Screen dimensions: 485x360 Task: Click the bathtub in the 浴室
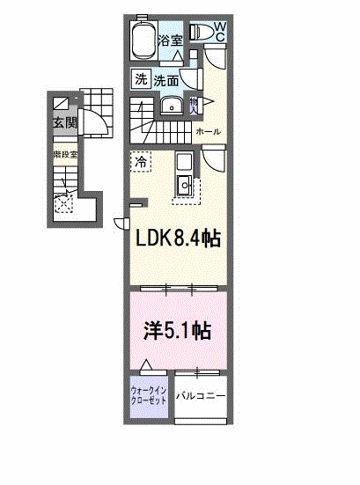pos(143,40)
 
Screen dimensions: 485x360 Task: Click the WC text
pos(220,33)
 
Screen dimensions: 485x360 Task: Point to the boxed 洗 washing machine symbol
pos(141,79)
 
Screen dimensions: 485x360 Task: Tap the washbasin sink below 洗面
pos(172,107)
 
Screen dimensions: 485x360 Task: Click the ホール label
pos(209,132)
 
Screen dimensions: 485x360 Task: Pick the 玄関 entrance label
pos(63,122)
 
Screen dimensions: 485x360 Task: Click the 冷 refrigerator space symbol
pos(141,162)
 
